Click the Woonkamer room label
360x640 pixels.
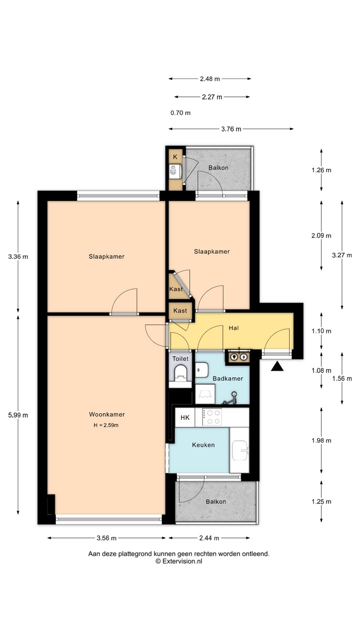point(107,414)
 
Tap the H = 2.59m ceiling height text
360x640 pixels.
point(106,425)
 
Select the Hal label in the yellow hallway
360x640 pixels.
point(233,328)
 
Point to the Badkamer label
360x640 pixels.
point(228,379)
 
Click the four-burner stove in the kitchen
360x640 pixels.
point(212,417)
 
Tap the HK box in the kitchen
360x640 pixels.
point(185,417)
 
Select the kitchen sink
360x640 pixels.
point(240,451)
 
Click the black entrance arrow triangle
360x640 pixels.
point(277,366)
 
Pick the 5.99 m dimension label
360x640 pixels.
point(18,415)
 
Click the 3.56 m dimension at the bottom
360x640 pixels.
point(107,538)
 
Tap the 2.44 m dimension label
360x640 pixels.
point(209,538)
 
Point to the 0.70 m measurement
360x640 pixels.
point(180,113)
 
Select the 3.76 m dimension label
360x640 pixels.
point(231,129)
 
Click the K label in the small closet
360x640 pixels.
point(175,157)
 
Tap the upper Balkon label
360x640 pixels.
point(218,168)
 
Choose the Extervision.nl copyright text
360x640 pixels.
point(179,561)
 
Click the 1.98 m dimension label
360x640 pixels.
point(321,440)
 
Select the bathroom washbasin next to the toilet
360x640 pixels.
point(202,369)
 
